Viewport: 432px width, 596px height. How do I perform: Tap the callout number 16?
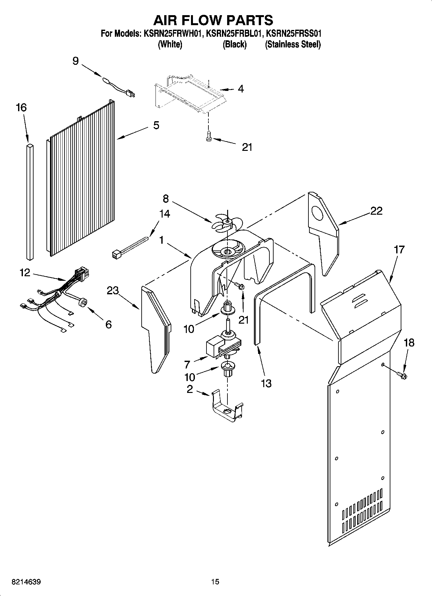pyautogui.click(x=21, y=108)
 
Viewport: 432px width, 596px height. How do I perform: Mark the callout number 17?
pyautogui.click(x=399, y=249)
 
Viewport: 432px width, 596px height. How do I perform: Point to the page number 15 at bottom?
pyautogui.click(x=215, y=582)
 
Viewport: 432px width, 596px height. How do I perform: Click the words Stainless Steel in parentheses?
pyautogui.click(x=293, y=44)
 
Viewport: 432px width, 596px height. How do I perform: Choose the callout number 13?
pyautogui.click(x=266, y=383)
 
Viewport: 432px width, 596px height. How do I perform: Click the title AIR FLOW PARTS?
pyautogui.click(x=213, y=20)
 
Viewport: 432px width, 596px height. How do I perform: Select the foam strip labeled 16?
pyautogui.click(x=29, y=201)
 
